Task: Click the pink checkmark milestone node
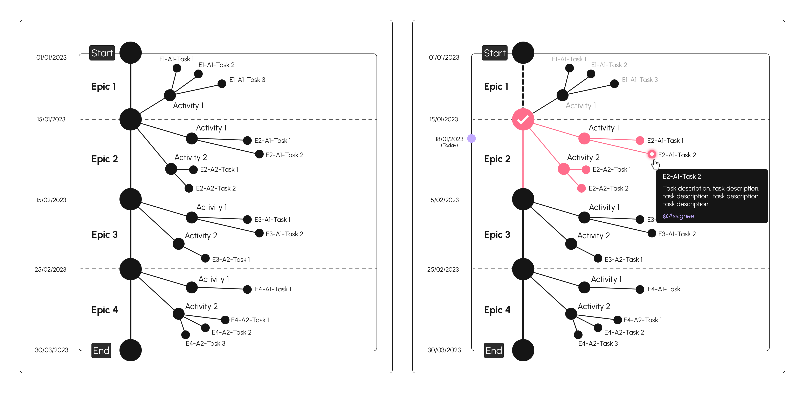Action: click(x=523, y=119)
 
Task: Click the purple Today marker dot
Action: click(x=471, y=138)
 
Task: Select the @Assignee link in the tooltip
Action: click(x=678, y=216)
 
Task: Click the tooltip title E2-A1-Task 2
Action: click(x=682, y=176)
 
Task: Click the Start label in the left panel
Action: click(x=102, y=53)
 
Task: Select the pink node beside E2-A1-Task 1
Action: click(x=640, y=141)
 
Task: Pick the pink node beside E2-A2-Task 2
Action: click(x=581, y=188)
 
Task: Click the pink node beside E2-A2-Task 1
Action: click(x=586, y=170)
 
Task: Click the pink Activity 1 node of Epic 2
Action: click(x=584, y=138)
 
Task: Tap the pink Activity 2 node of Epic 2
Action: click(x=563, y=169)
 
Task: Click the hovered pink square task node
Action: click(x=652, y=154)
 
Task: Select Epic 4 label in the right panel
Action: click(x=497, y=310)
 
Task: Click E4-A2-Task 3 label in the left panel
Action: click(x=205, y=343)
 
